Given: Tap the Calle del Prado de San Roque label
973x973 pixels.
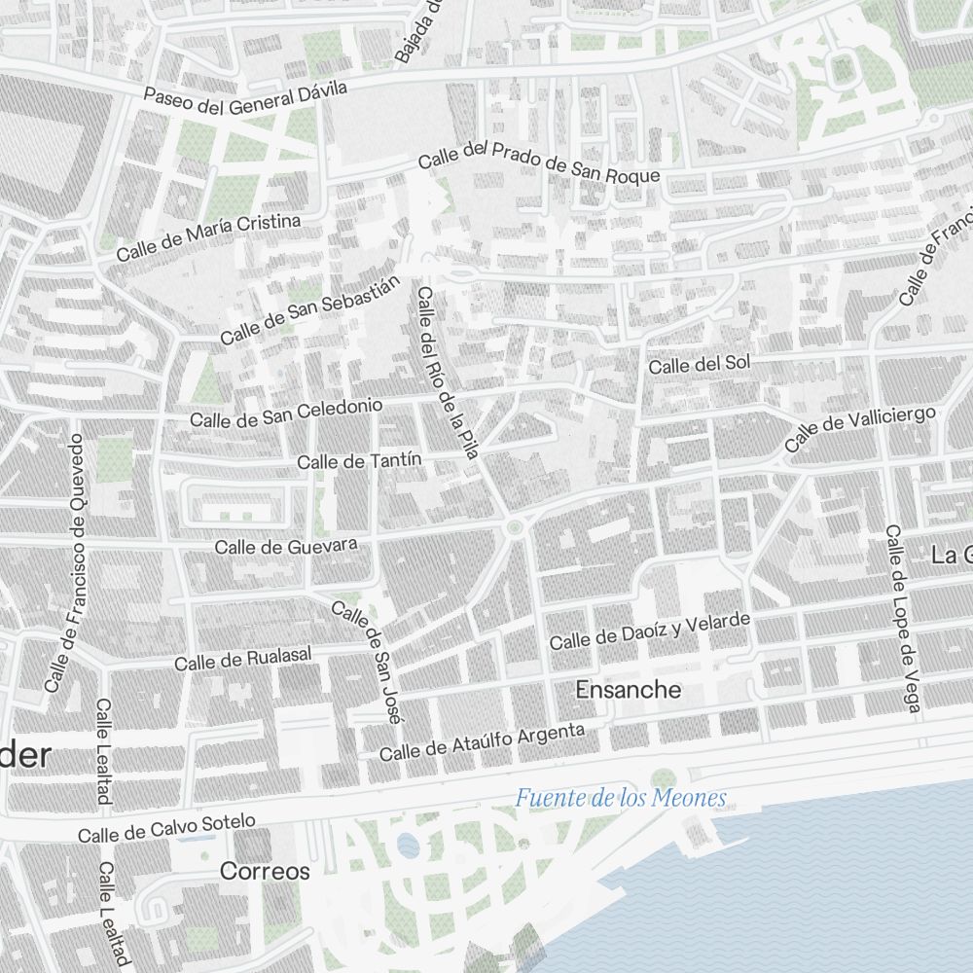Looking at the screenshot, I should [539, 162].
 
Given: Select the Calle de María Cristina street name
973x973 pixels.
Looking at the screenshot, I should [208, 236].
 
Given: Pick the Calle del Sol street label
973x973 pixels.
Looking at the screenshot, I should [700, 364].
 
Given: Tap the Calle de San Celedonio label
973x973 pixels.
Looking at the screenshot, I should [286, 413].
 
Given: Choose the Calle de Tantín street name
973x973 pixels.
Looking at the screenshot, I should [359, 461].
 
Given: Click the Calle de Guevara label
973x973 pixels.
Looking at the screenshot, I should [286, 546].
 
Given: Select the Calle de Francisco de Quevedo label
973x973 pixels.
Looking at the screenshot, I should [66, 562].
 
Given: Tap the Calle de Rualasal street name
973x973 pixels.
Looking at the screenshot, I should [243, 660].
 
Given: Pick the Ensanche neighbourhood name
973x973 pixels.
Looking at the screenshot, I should [629, 690].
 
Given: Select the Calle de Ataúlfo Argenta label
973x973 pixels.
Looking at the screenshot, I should [483, 742].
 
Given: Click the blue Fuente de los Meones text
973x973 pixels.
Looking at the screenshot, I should [621, 799].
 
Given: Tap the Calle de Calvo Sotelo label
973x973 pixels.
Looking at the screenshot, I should [166, 828].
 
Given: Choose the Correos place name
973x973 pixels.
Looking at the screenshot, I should [265, 871].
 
